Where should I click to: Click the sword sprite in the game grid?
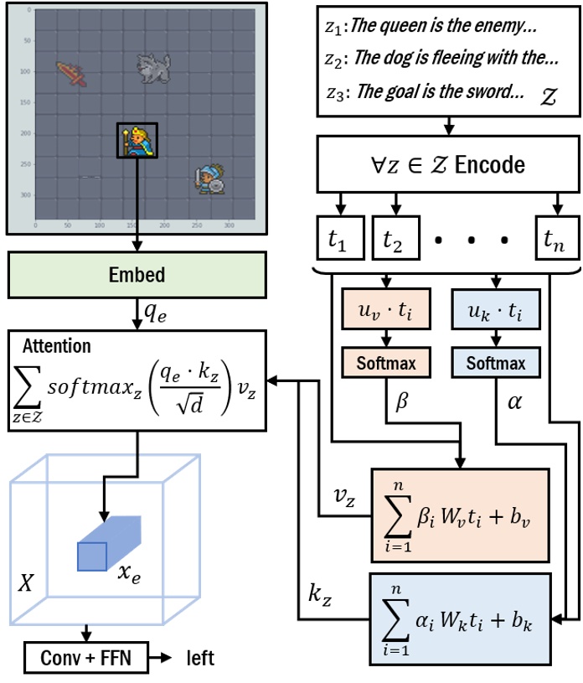click(x=72, y=74)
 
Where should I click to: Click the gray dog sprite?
click(x=152, y=68)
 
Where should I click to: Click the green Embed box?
click(x=137, y=275)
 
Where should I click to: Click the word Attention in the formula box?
click(x=57, y=346)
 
